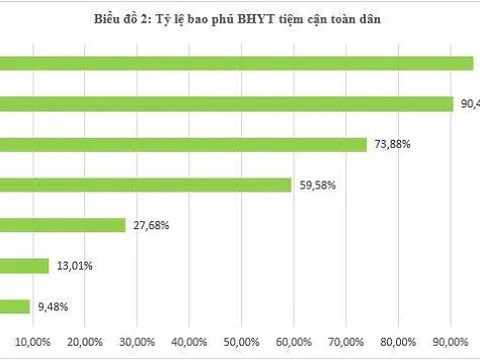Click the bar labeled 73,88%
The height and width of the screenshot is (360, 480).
[183, 144]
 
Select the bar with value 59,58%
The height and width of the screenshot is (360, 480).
[145, 184]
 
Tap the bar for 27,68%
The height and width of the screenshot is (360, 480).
[62, 225]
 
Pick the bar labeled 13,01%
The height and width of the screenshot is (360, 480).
[24, 265]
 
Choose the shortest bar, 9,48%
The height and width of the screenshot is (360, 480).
[14, 306]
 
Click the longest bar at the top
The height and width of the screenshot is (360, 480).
[236, 63]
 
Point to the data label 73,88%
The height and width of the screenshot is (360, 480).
[393, 144]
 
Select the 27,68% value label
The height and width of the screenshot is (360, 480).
[150, 225]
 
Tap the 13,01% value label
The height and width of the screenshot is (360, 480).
[74, 265]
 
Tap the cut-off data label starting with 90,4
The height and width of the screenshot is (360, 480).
[469, 104]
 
